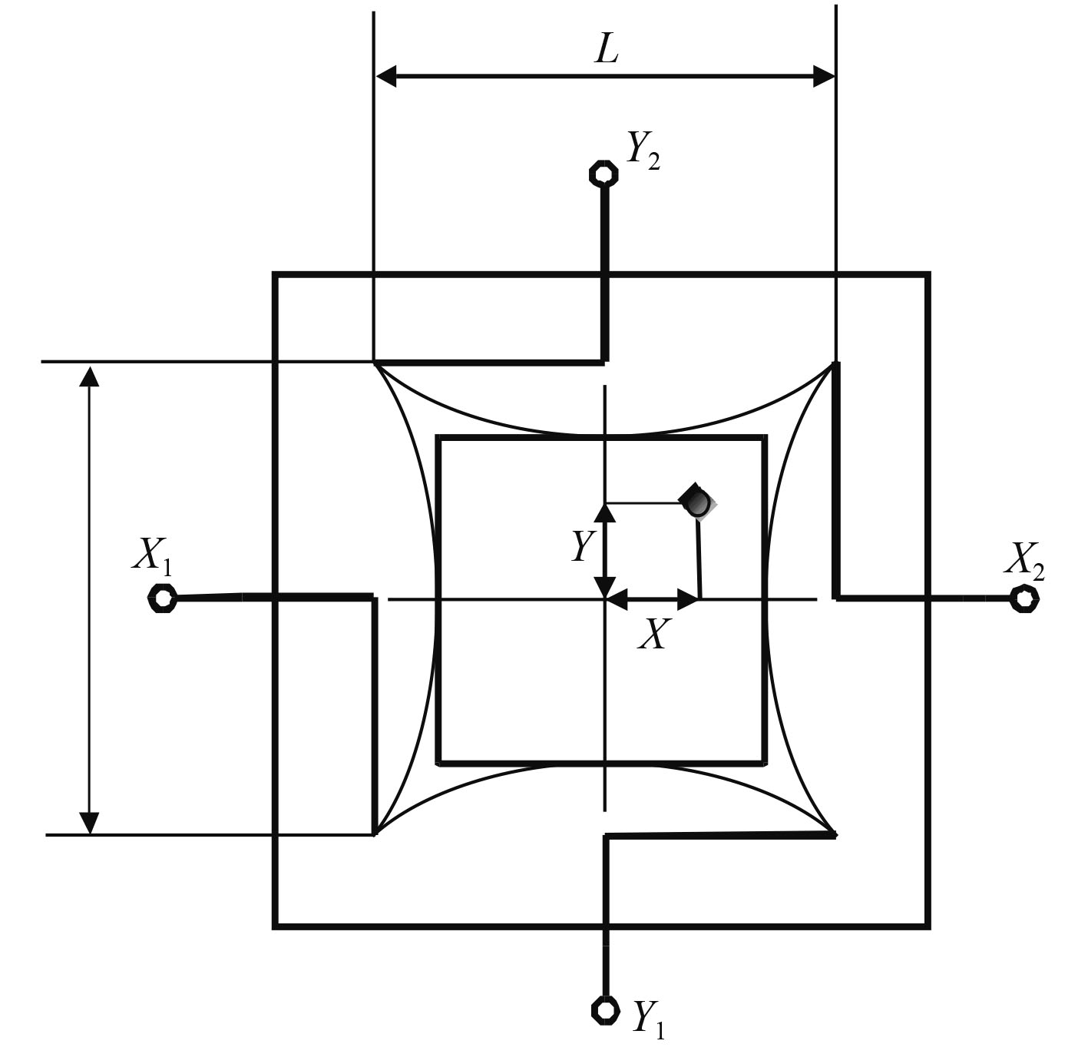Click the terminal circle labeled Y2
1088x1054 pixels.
[604, 174]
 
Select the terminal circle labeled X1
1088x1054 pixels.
[162, 598]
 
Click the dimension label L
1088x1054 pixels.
[607, 50]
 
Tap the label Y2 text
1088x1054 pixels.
[643, 152]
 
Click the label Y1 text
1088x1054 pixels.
[648, 1019]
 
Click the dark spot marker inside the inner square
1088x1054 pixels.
[698, 502]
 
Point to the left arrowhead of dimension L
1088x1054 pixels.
[386, 76]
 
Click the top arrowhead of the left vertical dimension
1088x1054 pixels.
[90, 376]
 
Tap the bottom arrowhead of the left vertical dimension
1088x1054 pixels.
[90, 822]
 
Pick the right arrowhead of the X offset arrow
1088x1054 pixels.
[688, 598]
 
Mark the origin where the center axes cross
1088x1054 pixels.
[606, 598]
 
